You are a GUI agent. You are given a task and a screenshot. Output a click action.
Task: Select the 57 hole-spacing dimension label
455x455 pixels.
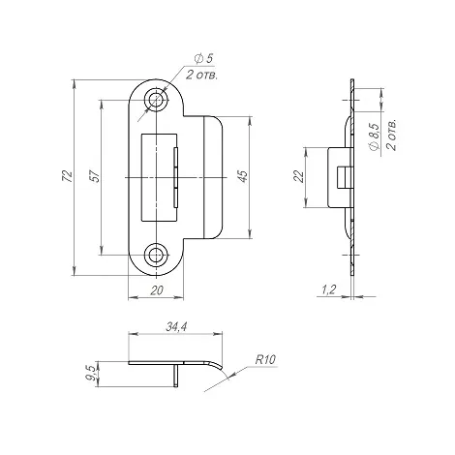click(x=94, y=178)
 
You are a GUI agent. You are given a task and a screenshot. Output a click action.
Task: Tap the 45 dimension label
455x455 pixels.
click(x=244, y=176)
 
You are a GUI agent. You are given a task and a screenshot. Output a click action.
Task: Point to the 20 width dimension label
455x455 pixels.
click(x=155, y=288)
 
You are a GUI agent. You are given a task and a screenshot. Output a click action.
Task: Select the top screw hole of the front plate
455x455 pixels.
click(x=155, y=101)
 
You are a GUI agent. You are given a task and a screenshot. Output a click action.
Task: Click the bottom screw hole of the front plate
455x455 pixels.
click(x=155, y=256)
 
